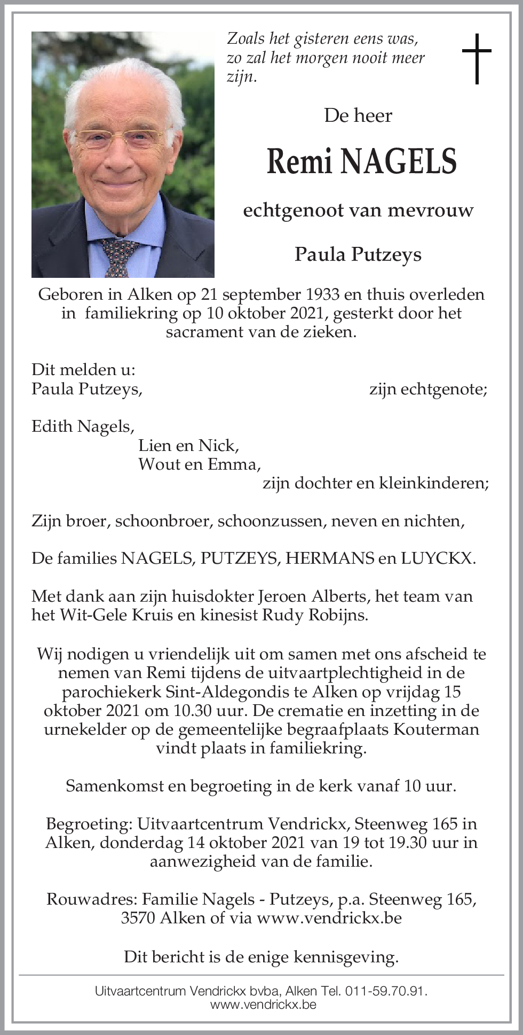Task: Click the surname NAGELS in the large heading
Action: (x=398, y=161)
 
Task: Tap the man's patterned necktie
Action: (x=120, y=256)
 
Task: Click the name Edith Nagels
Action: (x=83, y=426)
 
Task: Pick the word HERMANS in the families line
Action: (x=329, y=558)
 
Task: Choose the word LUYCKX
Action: (x=437, y=558)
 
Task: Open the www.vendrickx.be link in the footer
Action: (x=263, y=1005)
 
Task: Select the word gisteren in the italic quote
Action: (x=313, y=39)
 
